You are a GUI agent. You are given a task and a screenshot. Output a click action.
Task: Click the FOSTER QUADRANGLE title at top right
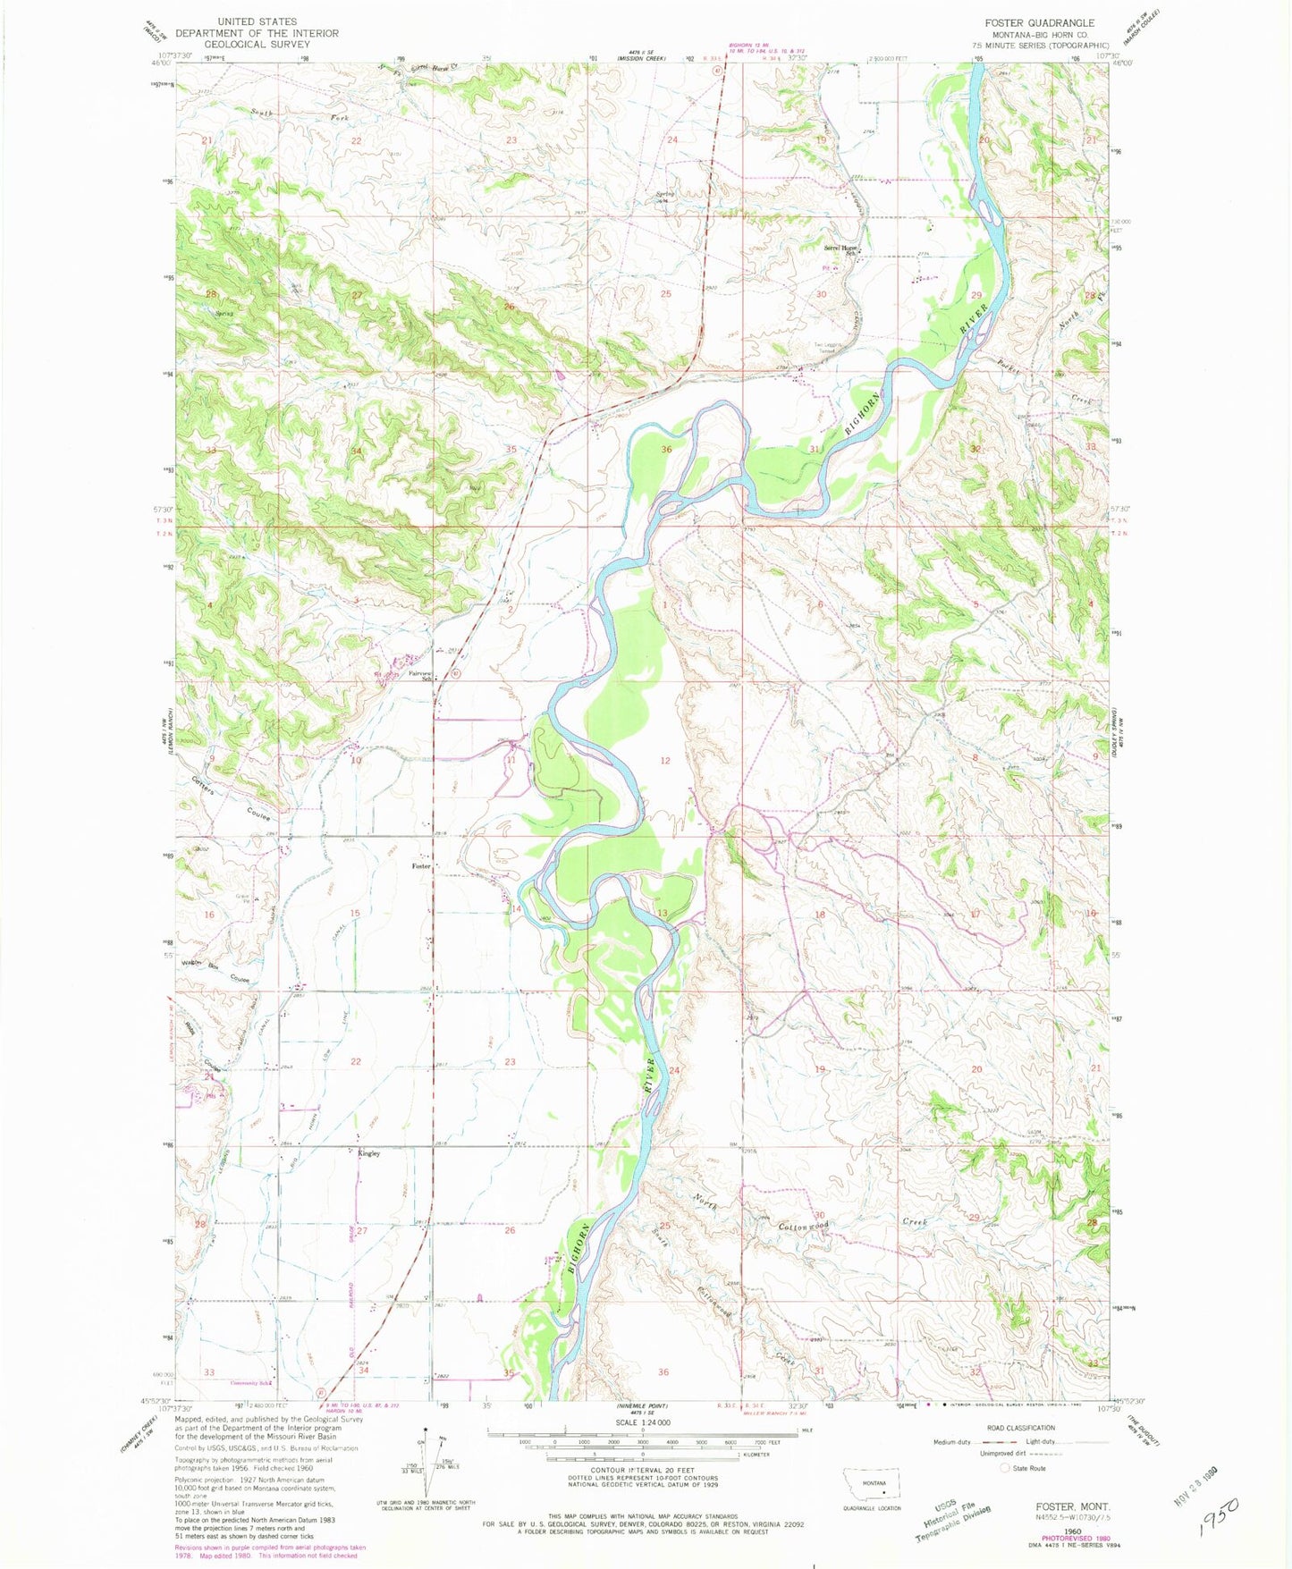[1039, 22]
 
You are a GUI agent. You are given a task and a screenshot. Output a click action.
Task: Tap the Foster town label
[421, 866]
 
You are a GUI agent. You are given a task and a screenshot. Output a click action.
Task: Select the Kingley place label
[369, 1153]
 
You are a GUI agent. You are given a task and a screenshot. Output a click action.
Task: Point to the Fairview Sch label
[420, 676]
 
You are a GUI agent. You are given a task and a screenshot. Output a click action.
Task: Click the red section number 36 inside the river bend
[666, 449]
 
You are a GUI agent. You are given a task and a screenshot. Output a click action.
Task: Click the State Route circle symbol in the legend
[1005, 1468]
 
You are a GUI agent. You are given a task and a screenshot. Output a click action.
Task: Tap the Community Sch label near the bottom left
[249, 1383]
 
